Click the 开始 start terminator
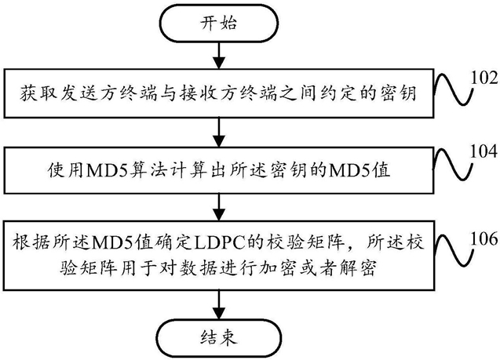click(219, 24)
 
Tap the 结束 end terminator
click(219, 337)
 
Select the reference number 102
click(484, 78)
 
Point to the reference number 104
click(484, 151)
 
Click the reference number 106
click(484, 238)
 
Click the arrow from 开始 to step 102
click(219, 55)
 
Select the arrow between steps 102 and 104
click(219, 133)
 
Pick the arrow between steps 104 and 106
click(219, 207)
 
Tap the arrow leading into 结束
click(219, 304)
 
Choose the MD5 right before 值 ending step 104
click(349, 170)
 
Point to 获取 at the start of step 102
click(38, 93)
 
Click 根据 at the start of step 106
click(31, 243)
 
